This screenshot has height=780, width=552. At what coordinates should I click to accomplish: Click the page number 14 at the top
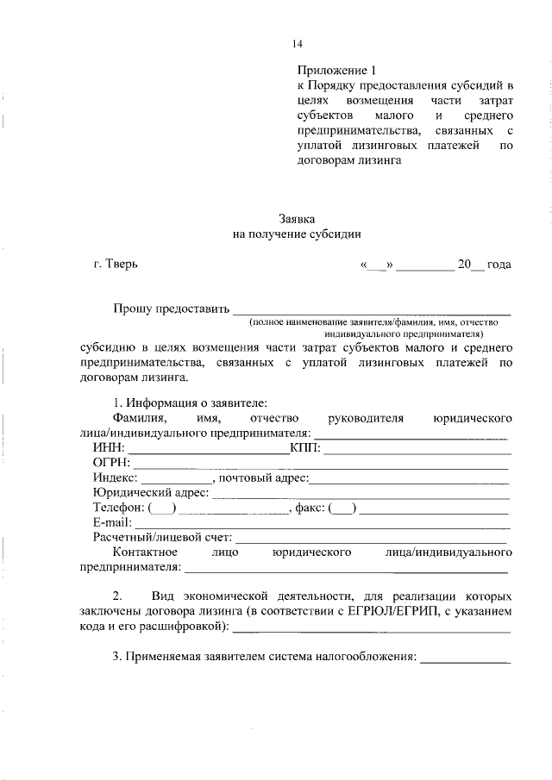point(298,43)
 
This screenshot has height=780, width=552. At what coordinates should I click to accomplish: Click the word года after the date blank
point(499,265)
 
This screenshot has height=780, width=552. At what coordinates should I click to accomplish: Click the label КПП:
point(305,449)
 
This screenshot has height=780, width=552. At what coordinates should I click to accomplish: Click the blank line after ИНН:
point(209,451)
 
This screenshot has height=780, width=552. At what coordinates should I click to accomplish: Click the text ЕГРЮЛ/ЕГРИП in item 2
point(389,611)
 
